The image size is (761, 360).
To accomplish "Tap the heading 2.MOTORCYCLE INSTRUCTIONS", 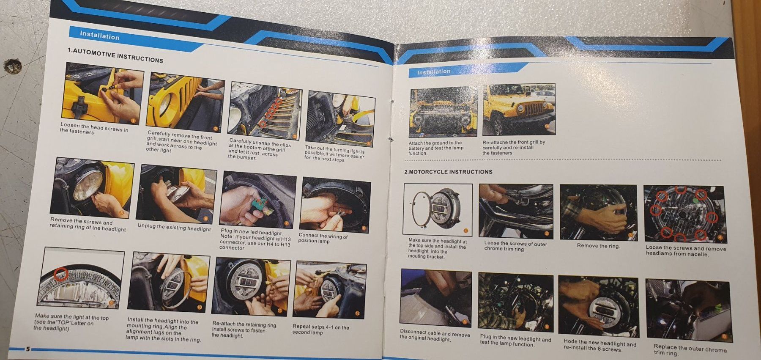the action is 448,172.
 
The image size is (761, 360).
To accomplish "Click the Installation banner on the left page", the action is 100,35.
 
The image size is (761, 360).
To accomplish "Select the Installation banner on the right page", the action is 434,72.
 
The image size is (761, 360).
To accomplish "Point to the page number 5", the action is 28,349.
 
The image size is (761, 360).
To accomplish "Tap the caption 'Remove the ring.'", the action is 598,246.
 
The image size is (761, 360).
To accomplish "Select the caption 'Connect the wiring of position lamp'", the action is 323,238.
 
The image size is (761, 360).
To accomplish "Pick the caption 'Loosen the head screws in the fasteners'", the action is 94,129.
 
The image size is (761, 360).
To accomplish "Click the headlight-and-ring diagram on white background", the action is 438,209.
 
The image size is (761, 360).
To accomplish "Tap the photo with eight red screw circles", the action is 685,214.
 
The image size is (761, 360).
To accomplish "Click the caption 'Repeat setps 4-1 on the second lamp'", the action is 320,329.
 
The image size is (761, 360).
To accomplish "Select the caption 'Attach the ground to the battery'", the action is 435,148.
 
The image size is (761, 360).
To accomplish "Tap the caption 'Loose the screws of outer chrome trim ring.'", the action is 515,246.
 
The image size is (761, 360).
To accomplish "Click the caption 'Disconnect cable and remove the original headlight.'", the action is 435,335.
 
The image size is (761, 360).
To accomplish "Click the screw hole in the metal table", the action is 12,66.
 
